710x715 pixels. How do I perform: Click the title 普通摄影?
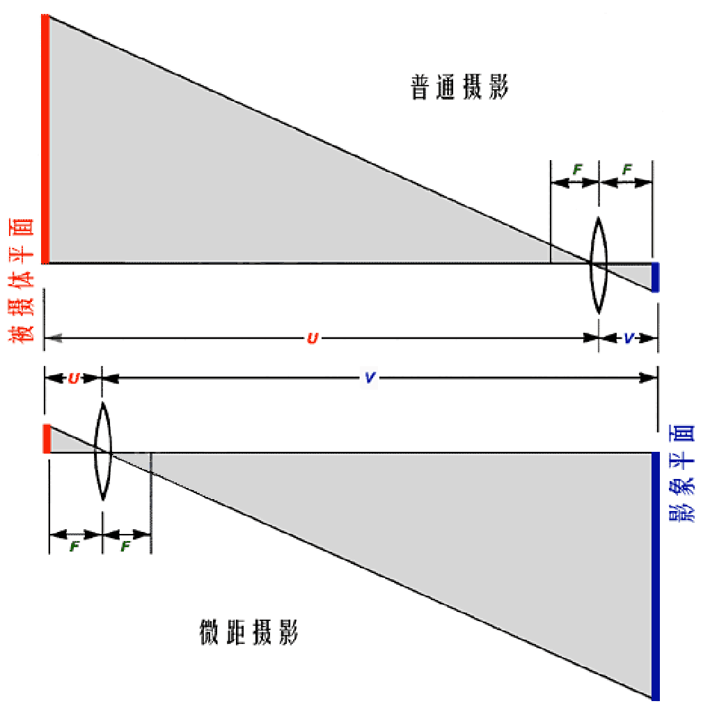click(460, 88)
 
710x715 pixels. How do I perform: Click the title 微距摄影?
click(248, 634)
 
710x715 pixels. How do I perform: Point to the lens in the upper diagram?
click(599, 265)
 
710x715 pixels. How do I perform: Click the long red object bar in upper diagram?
click(45, 139)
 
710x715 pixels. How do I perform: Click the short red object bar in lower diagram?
click(46, 439)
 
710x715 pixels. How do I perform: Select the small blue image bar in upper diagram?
click(655, 277)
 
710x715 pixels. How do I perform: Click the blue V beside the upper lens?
click(629, 338)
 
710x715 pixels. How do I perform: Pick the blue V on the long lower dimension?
click(370, 378)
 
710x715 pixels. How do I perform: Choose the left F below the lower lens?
click(74, 547)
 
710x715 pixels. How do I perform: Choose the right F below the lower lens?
click(125, 547)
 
